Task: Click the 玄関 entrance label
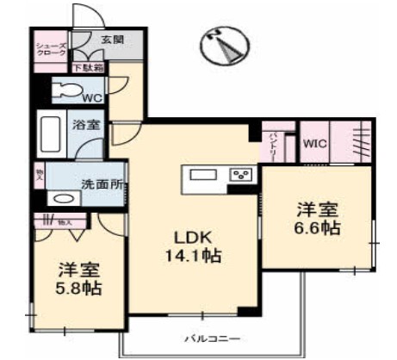(x=112, y=40)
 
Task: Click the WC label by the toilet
(x=92, y=97)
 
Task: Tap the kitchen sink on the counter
(x=203, y=175)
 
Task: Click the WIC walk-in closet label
(x=313, y=145)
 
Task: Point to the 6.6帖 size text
(x=318, y=228)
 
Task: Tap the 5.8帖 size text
(x=79, y=289)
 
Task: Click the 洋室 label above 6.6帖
(x=318, y=208)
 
